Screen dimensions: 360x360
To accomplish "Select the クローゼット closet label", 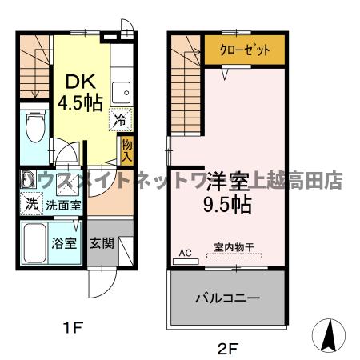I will coord(241,50).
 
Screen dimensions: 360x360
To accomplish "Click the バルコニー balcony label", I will coord(228,298).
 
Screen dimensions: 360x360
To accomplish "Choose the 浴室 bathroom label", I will coord(65,242).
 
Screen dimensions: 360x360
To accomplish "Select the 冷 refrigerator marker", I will coord(118,122).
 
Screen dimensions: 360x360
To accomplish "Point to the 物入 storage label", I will coord(126,149).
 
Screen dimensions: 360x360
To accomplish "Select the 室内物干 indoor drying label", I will coord(234,249).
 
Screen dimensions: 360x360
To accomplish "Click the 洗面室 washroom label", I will coord(62,204).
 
